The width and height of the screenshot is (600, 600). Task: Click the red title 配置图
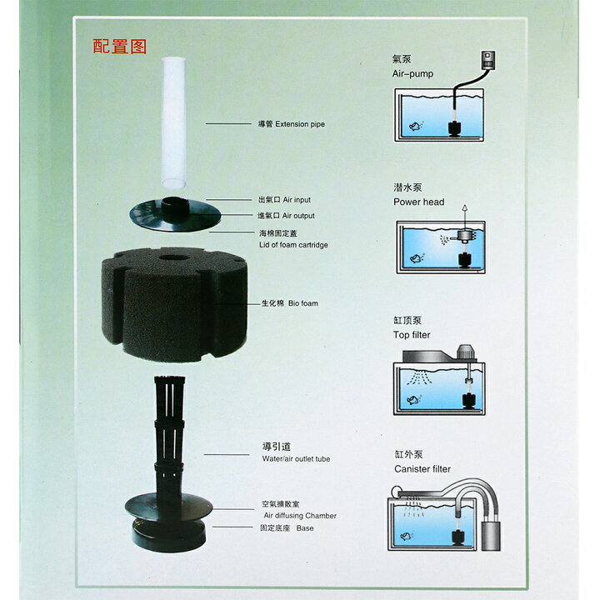point(120,47)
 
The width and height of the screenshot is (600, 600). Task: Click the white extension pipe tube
point(173,122)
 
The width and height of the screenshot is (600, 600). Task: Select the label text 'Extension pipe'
point(300,124)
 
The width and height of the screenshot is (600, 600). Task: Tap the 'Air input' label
point(297,200)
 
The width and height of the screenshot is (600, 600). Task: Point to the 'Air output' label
point(298,216)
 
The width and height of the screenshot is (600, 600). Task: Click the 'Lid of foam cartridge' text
point(293,245)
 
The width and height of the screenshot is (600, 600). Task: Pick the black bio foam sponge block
point(174,304)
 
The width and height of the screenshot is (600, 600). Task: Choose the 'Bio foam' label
point(303,303)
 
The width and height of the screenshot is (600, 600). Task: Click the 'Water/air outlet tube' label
point(296,459)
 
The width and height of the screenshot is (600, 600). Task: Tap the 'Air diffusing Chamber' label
point(300,516)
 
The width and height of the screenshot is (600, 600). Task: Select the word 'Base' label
point(305,528)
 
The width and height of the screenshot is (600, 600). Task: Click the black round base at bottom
point(168,535)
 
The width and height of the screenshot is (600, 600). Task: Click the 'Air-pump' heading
point(412,74)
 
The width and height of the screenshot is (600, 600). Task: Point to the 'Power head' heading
point(419,202)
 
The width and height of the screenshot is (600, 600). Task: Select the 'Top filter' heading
point(412,335)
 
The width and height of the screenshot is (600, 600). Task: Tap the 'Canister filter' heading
point(422,469)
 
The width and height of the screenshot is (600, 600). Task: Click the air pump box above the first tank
point(487,60)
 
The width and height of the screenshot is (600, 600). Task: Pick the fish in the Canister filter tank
point(407,536)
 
